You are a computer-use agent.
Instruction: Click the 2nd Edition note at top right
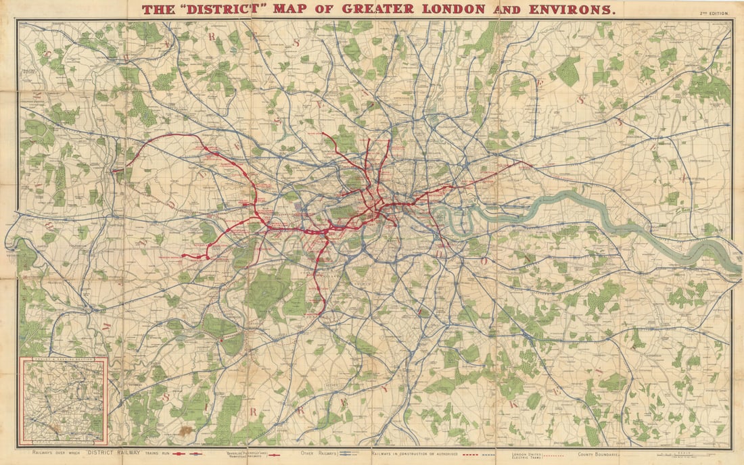[716, 13]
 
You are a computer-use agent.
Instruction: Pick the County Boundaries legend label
[598, 454]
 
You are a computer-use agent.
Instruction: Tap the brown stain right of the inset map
[185, 431]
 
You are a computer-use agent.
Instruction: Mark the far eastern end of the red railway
[531, 163]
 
